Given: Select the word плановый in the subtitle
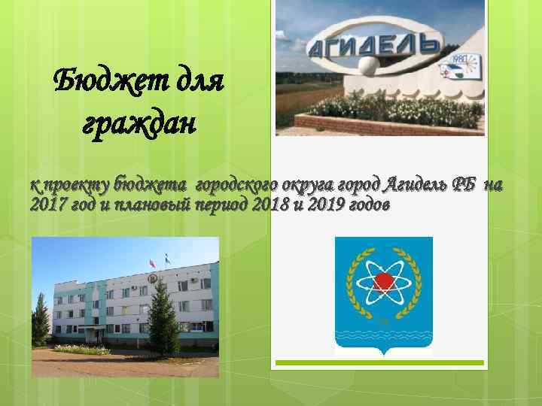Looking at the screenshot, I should coord(149,205).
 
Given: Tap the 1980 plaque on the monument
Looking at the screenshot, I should coord(458,59).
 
